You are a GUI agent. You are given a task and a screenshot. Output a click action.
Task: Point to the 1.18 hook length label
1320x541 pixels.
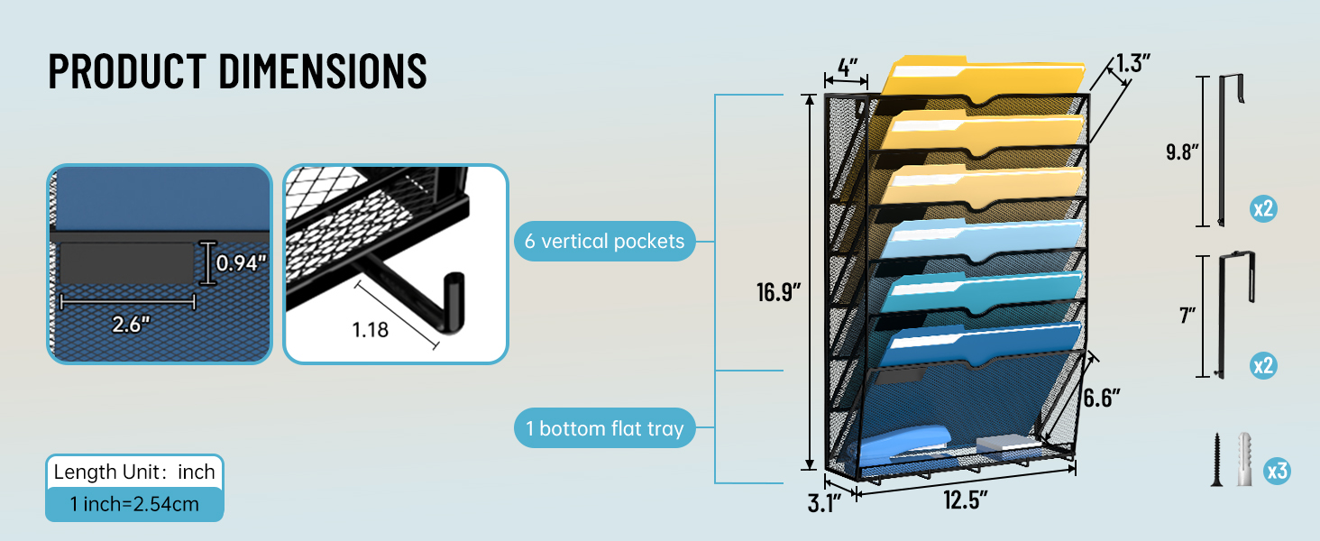pyautogui.click(x=371, y=330)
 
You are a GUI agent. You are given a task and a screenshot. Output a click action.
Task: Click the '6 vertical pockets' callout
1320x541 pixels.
pyautogui.click(x=604, y=242)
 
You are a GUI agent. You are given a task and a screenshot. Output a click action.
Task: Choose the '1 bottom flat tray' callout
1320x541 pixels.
pyautogui.click(x=604, y=428)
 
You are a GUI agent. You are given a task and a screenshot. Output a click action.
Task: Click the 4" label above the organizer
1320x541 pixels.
pyautogui.click(x=847, y=67)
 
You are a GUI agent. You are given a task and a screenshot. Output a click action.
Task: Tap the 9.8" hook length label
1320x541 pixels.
pyautogui.click(x=1181, y=151)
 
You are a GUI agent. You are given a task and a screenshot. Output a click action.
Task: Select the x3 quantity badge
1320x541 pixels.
pyautogui.click(x=1276, y=470)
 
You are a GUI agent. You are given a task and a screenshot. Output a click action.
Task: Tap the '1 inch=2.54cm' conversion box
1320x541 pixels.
pyautogui.click(x=134, y=503)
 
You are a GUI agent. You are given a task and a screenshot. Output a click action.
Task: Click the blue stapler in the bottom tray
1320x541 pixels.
pyautogui.click(x=902, y=448)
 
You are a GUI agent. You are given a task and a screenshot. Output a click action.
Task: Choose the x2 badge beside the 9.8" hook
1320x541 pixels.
pyautogui.click(x=1262, y=209)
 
